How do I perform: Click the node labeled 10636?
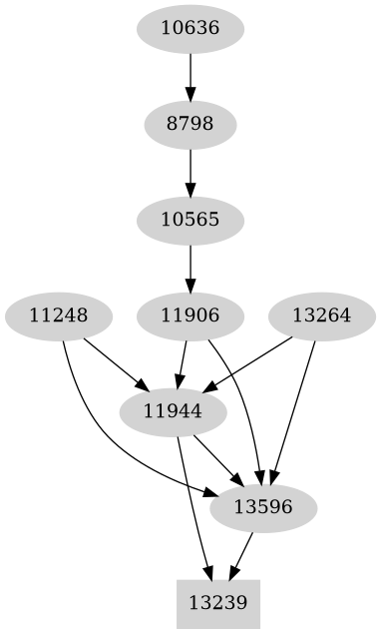[x=190, y=27]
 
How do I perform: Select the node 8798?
[x=190, y=124]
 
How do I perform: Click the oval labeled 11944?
[x=173, y=411]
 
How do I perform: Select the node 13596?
[x=263, y=507]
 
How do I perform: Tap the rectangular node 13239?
[x=217, y=603]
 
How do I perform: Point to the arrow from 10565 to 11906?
[x=190, y=268]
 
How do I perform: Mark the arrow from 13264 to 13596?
[x=295, y=409]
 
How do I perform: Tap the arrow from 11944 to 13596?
[x=217, y=459]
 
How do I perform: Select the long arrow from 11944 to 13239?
[x=192, y=509]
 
